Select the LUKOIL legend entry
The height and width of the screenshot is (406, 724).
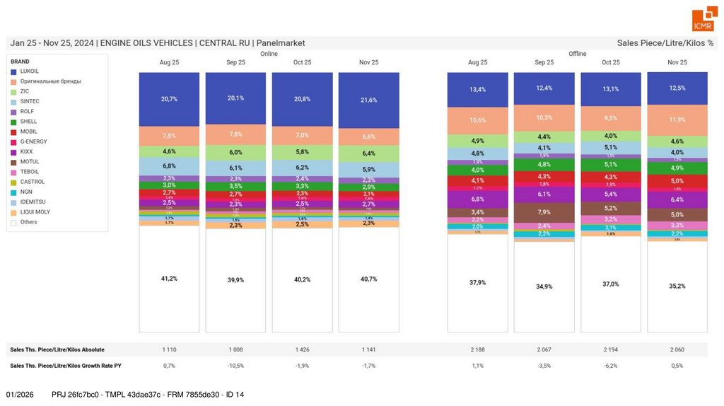[x=29, y=71]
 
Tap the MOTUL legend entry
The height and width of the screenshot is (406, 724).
[x=29, y=162]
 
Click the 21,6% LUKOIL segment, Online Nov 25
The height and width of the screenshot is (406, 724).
[x=368, y=100]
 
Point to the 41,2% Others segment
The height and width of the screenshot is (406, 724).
[x=169, y=279]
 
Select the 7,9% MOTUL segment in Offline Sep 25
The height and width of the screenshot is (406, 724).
[x=544, y=212]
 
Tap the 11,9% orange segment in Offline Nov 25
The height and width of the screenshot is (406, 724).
[x=677, y=120]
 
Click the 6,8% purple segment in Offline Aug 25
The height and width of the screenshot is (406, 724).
[x=477, y=199]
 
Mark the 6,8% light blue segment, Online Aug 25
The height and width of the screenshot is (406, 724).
[x=169, y=166]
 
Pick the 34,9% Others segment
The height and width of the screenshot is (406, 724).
[x=544, y=286]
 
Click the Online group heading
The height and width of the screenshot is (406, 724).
[x=269, y=54]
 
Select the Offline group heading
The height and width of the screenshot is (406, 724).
[x=578, y=54]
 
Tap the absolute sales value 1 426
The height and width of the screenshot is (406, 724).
[x=302, y=349]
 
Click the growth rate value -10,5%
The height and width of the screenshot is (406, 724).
[x=235, y=366]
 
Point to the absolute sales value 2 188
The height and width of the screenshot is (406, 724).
[x=477, y=349]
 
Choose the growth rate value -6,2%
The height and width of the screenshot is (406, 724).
[x=611, y=366]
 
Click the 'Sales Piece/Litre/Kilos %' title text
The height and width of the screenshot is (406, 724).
[x=665, y=43]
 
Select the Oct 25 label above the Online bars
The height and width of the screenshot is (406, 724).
[x=302, y=62]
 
